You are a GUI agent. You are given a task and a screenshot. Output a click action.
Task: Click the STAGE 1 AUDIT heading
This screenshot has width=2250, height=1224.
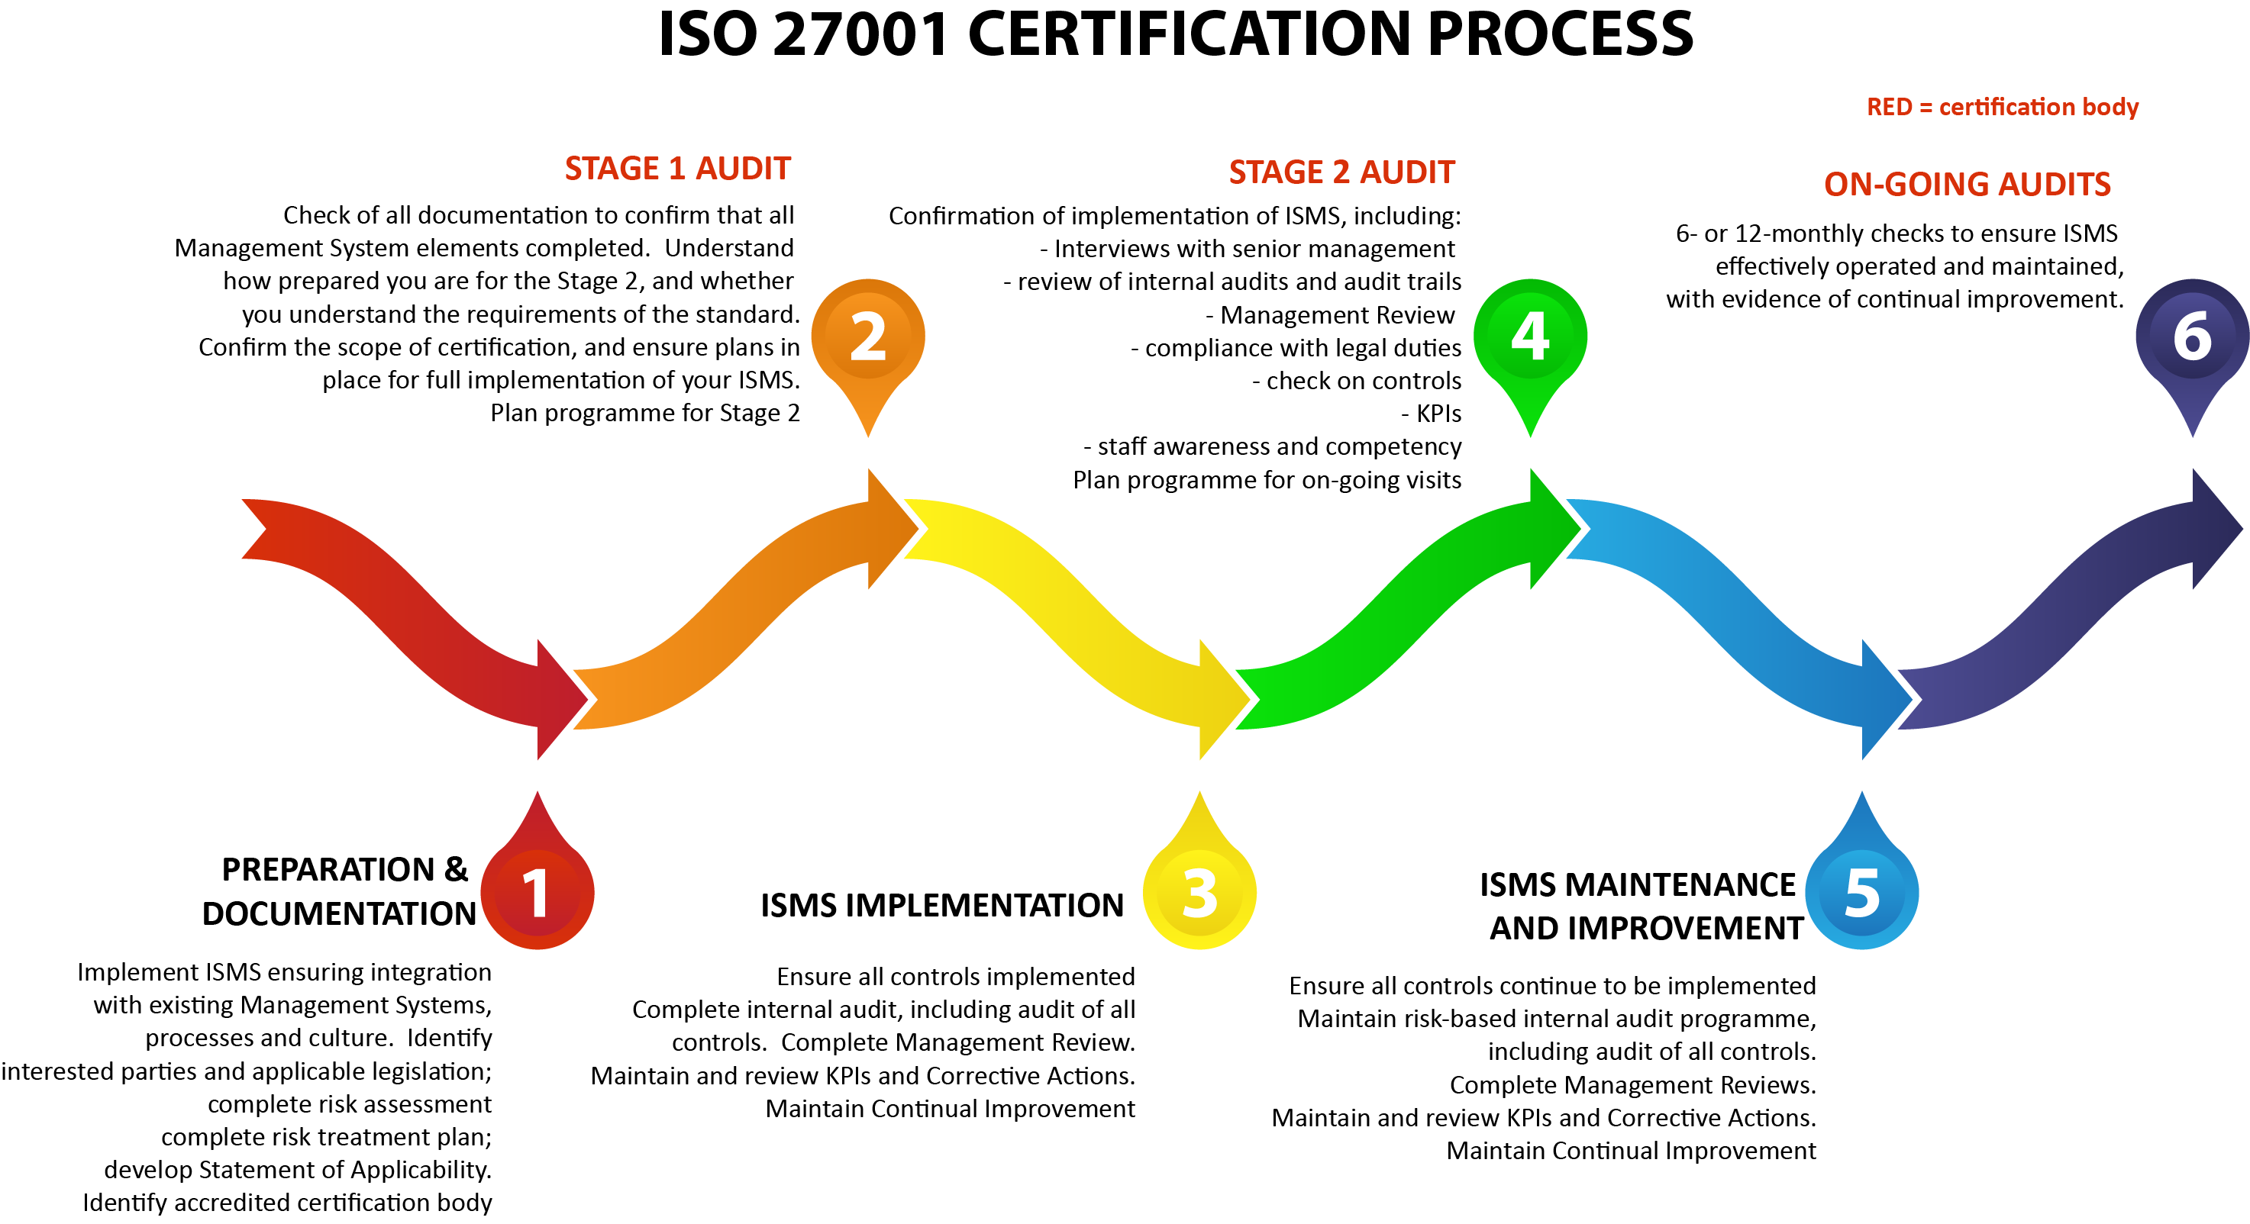click(677, 169)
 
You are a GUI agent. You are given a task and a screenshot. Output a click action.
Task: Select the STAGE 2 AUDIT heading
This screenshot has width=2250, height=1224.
click(1341, 172)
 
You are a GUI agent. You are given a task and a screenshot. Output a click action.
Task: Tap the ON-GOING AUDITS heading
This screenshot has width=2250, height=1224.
click(1966, 184)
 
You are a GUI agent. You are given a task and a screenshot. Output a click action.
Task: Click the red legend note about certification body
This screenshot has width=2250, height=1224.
click(2002, 107)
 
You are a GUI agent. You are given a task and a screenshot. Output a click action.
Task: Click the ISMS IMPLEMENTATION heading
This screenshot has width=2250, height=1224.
click(941, 905)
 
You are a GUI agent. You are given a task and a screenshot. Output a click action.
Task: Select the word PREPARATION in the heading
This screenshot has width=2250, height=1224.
click(328, 870)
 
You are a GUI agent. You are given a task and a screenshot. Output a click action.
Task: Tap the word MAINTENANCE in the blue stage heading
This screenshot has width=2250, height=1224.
click(1680, 884)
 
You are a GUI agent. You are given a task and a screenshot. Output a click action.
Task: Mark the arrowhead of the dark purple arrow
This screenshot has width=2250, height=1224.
click(2215, 528)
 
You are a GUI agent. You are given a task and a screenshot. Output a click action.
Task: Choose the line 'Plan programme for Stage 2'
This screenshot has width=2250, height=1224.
click(644, 413)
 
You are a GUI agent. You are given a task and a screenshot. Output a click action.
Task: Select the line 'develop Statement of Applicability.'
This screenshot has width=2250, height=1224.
click(298, 1170)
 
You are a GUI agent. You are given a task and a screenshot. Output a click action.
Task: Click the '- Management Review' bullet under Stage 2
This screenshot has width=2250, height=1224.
click(1329, 315)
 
